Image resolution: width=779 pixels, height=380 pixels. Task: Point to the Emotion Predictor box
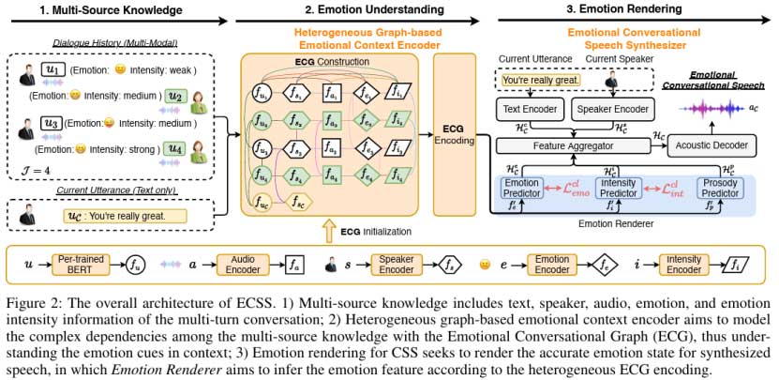523,189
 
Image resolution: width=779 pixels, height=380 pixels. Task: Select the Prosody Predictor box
719,189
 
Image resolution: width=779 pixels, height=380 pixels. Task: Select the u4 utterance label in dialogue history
173,147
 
